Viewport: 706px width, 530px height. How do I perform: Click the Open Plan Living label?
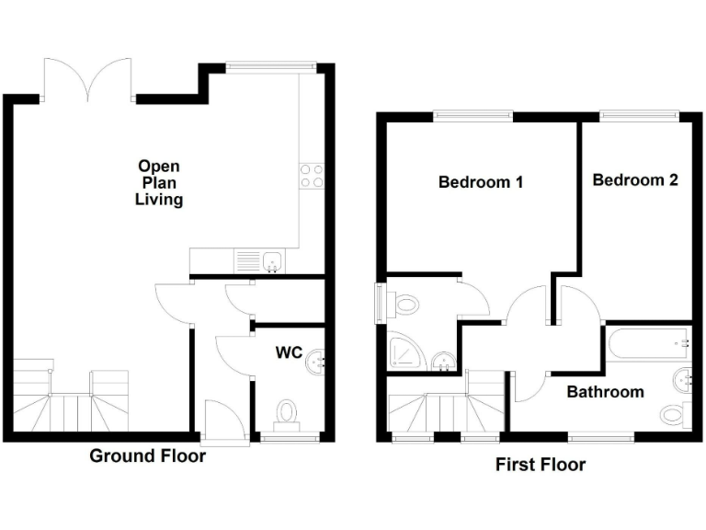pyautogui.click(x=159, y=182)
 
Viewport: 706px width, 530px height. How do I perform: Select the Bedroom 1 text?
pyautogui.click(x=480, y=182)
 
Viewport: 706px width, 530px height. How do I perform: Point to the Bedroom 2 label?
pyautogui.click(x=634, y=179)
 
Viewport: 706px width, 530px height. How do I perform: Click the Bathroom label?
pyautogui.click(x=604, y=392)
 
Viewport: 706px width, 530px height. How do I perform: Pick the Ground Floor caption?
pyautogui.click(x=147, y=455)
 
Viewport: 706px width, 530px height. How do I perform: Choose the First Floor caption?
pyautogui.click(x=540, y=465)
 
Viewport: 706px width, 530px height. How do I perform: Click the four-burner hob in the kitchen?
pyautogui.click(x=312, y=175)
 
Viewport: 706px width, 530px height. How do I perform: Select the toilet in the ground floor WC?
pyautogui.click(x=288, y=413)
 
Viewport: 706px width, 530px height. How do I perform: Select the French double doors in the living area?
pyautogui.click(x=89, y=80)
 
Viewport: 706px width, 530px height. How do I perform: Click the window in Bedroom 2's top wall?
pyautogui.click(x=640, y=115)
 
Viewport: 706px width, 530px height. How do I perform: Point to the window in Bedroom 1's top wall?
pyautogui.click(x=474, y=115)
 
